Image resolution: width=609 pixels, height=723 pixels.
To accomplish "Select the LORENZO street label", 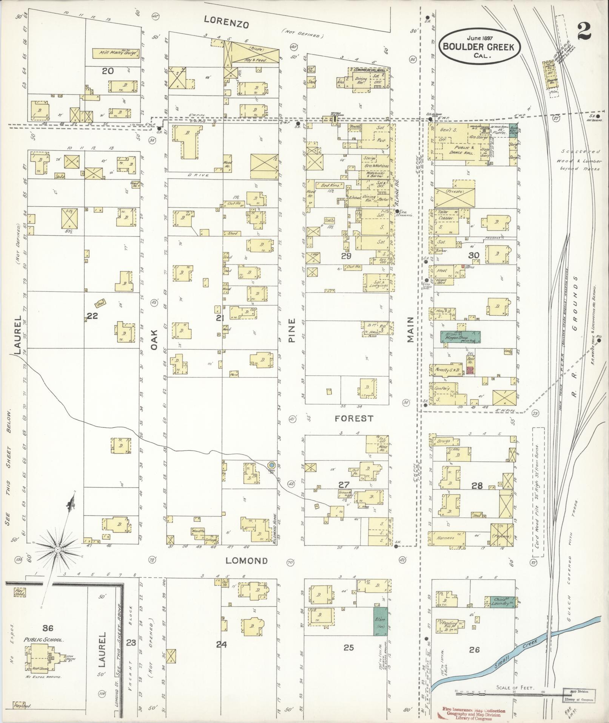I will coord(226,22).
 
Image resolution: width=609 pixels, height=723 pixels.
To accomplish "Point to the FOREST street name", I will coord(354,418).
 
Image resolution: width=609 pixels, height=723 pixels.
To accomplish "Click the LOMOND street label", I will coord(247,560).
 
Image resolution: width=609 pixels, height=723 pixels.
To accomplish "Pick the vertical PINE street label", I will coord(292,331).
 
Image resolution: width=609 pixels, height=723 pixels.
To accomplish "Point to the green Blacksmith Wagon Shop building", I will coord(460,337).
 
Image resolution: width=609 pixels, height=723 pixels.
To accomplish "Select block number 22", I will coord(92,316).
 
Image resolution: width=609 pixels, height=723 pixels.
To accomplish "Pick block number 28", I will coord(477,486).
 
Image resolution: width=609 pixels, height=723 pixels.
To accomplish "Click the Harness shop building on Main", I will coord(446,537).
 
